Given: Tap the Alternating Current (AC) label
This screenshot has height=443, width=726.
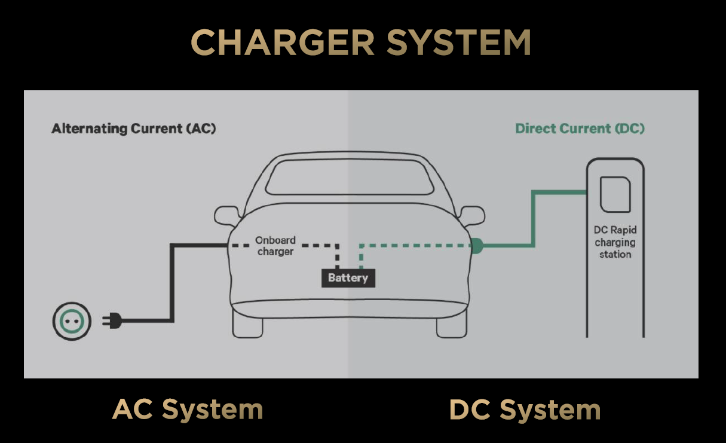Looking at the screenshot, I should point(133,129).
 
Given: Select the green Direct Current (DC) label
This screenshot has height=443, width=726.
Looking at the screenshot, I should point(580,129).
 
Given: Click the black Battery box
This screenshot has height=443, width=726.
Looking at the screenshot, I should point(348,278).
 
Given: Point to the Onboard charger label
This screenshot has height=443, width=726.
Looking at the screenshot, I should point(275,246).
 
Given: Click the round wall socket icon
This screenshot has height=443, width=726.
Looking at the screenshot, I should point(72,322).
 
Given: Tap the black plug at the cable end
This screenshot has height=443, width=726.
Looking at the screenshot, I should point(113,322).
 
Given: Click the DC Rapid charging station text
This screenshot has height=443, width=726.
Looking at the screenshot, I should point(614,242).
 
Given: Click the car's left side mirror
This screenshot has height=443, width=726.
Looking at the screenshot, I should point(226,215).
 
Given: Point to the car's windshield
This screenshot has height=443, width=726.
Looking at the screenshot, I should point(350,176).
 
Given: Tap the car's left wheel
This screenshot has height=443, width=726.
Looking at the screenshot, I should point(247,325).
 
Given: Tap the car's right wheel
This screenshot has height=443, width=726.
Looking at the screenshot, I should point(451,325).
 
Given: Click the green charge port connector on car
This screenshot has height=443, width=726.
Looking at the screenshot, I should point(476,245).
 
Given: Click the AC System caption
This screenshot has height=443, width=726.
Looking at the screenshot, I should point(188,410).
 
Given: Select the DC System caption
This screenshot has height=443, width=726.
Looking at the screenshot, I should point(525,410).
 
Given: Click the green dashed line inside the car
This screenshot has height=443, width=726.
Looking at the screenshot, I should point(418,245).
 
